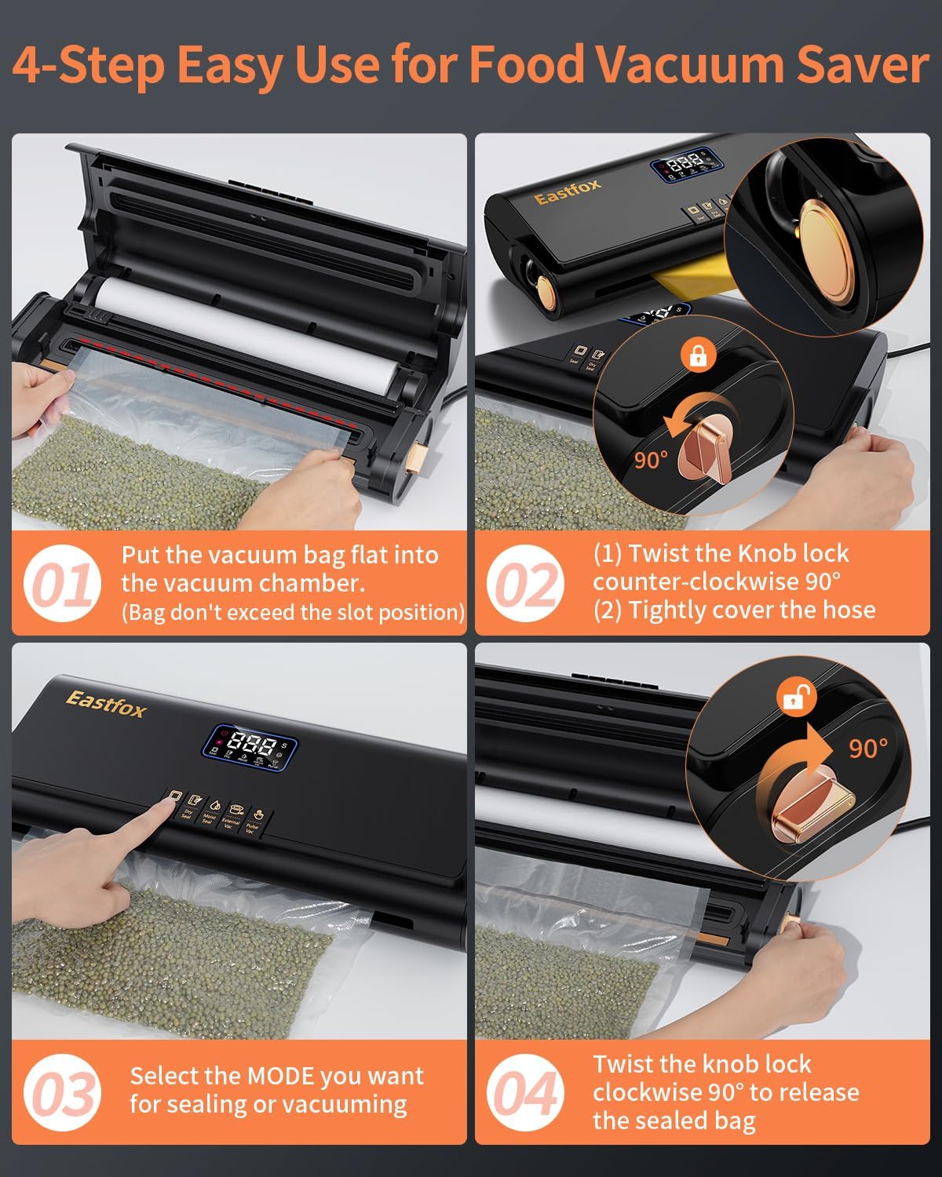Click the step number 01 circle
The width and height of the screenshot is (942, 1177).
tap(62, 585)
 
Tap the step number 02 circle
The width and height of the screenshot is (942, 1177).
tap(525, 585)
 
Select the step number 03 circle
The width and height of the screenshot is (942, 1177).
tap(62, 1093)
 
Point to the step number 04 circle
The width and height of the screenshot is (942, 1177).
tap(525, 1093)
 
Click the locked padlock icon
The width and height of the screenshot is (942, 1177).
tap(697, 356)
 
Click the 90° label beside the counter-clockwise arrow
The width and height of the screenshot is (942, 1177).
tap(651, 461)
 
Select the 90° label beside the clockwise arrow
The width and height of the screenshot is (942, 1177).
tap(868, 749)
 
